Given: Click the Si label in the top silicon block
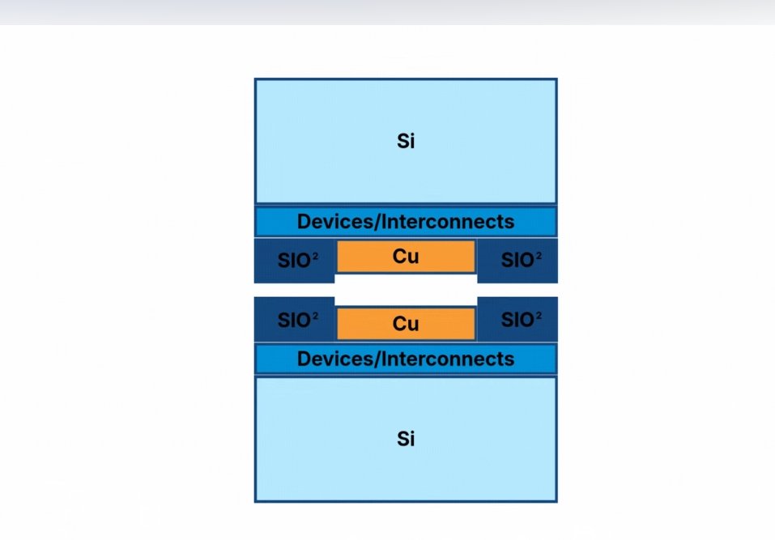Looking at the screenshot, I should point(406,141).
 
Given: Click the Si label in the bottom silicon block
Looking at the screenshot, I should point(406,439).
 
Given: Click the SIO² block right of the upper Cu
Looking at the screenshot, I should point(517,260).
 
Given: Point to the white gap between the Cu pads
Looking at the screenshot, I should point(406,290).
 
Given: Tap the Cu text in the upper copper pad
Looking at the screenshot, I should point(406,257).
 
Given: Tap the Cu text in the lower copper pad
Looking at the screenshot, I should point(406,324).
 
